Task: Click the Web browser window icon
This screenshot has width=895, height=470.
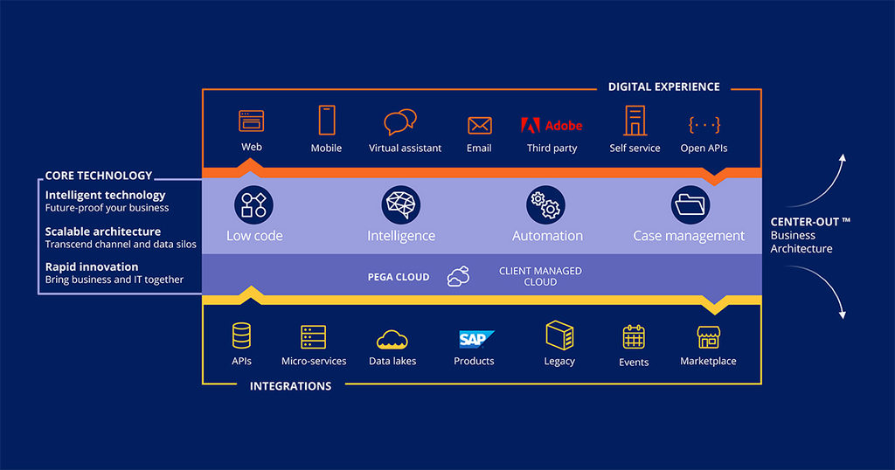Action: coord(251,120)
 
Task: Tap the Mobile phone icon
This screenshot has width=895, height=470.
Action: coord(327,120)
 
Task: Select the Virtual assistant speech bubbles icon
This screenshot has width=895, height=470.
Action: coord(400,122)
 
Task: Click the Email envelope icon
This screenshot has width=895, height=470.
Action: coord(479,125)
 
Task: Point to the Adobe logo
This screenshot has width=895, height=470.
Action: coord(552,124)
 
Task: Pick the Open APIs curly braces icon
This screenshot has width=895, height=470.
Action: coord(704,124)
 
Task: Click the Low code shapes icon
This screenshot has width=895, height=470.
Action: coord(253,204)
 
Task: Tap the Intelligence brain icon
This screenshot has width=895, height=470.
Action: coord(401,204)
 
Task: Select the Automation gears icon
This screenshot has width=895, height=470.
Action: coord(546,204)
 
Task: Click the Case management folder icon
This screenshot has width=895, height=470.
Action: coord(690,204)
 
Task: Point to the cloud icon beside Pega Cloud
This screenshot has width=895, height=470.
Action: coord(458,276)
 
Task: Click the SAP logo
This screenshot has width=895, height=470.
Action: coord(475,338)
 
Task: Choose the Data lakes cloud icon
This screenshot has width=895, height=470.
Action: coord(392,339)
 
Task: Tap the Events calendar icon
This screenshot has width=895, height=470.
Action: coord(634,337)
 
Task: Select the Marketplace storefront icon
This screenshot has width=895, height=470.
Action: coord(708,337)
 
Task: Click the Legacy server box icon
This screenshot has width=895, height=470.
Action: coord(559,335)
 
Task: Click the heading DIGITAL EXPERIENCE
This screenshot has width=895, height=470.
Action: coord(664,87)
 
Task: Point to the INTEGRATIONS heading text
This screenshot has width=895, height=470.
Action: coord(291,386)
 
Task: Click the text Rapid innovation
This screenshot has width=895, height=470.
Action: coord(92,266)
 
